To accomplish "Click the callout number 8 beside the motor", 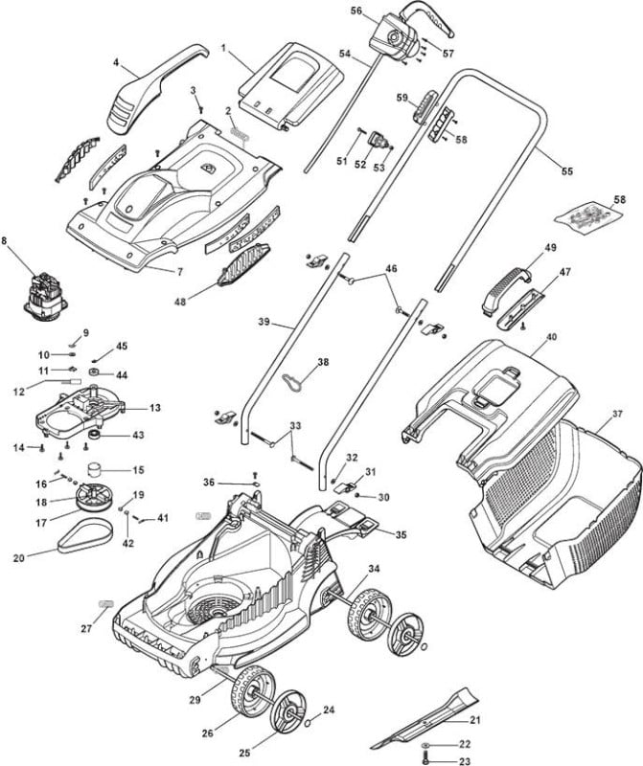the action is pos(6,241).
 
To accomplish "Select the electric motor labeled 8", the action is pos(45,298).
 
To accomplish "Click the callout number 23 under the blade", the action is pos(465,760).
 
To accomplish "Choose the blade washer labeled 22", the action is pos(426,745).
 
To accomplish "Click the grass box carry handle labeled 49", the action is pos(506,288).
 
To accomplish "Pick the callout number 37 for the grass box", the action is pos(617,414).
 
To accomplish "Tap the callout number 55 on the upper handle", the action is pos(566,171).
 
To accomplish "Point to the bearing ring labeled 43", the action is pos(94,435).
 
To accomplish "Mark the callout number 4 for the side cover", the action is pos(116,62).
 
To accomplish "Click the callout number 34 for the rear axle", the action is pos(374,569).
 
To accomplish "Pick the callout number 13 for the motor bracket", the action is pos(155,408).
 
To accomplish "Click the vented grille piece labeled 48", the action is pos(243,264).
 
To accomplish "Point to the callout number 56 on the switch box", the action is pos(356,11).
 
